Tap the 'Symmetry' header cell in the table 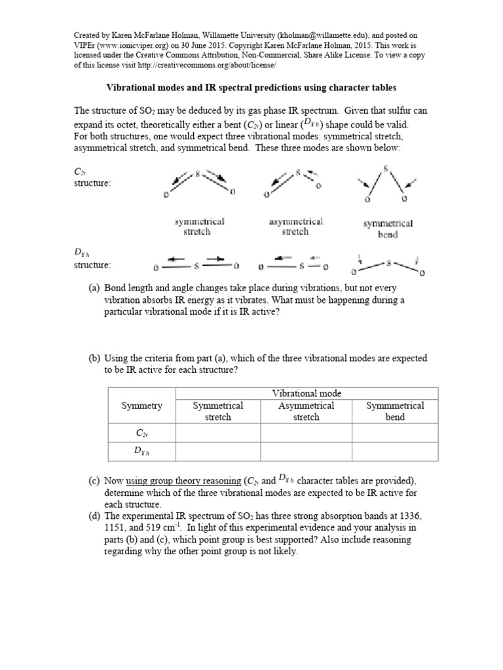coord(141,406)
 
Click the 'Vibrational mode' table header coord(307,393)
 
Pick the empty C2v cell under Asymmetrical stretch coord(307,432)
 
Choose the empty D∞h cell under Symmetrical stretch coord(217,451)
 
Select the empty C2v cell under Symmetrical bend coord(395,432)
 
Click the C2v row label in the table coord(141,432)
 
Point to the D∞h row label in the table coord(141,451)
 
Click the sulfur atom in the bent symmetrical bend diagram coord(386,169)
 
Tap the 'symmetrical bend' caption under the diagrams coord(388,228)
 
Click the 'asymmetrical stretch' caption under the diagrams coord(295,227)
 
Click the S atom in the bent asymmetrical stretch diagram coord(298,173)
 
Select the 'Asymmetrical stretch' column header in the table coord(307,411)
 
